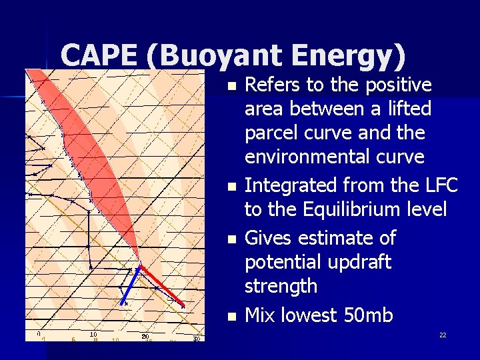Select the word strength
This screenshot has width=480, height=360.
[281, 286]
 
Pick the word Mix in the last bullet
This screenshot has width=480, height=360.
[261, 315]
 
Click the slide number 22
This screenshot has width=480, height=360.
[443, 335]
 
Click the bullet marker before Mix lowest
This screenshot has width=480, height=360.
[231, 316]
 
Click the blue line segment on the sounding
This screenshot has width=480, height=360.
[131, 285]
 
